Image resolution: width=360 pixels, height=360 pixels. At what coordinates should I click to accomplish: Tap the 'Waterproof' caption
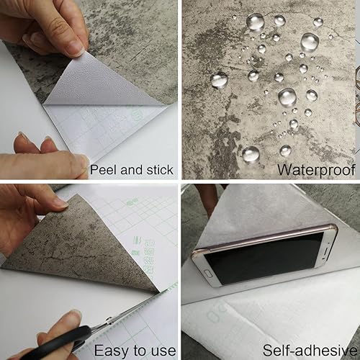(x=318, y=171)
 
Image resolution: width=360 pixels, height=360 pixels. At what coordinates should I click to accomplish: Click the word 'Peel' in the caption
(x=103, y=171)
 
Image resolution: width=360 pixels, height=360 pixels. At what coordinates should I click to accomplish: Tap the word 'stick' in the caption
(x=158, y=171)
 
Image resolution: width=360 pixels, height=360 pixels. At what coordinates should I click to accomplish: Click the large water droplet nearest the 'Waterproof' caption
(x=250, y=153)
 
